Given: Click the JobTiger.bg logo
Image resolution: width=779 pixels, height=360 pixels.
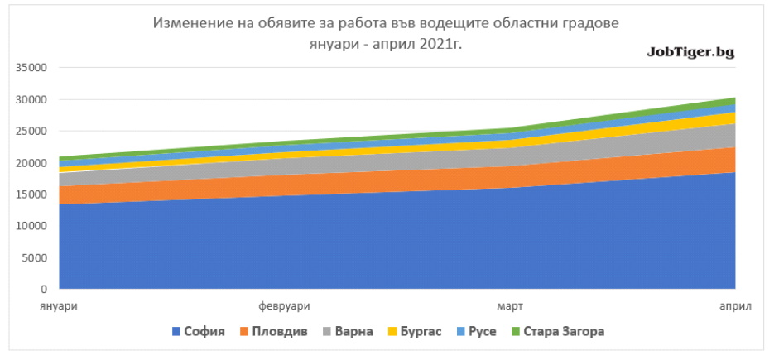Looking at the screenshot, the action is pos(690,53).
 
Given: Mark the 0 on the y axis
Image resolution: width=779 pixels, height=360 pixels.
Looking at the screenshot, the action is pos(44,289).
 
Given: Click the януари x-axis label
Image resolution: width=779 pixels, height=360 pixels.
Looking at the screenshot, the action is pos(59,306).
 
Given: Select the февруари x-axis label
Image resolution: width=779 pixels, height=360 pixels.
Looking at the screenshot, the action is pos(284,306).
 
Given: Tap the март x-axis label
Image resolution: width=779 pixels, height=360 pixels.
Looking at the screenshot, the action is pos(510,306).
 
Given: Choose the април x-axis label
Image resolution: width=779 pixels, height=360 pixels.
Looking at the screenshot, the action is pos(736,306).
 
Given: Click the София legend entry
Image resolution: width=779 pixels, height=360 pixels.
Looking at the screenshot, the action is pos(198,332).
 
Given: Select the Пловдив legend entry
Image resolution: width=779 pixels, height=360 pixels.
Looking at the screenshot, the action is pos(272,332).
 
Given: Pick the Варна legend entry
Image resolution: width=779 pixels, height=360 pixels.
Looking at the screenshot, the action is pos(347,332).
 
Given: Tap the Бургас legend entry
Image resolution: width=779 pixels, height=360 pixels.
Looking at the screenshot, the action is pos(415,332).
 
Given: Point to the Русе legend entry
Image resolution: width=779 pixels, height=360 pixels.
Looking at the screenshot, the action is pos(476,332).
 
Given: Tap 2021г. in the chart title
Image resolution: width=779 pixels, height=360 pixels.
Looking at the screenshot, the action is pos(440,44).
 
